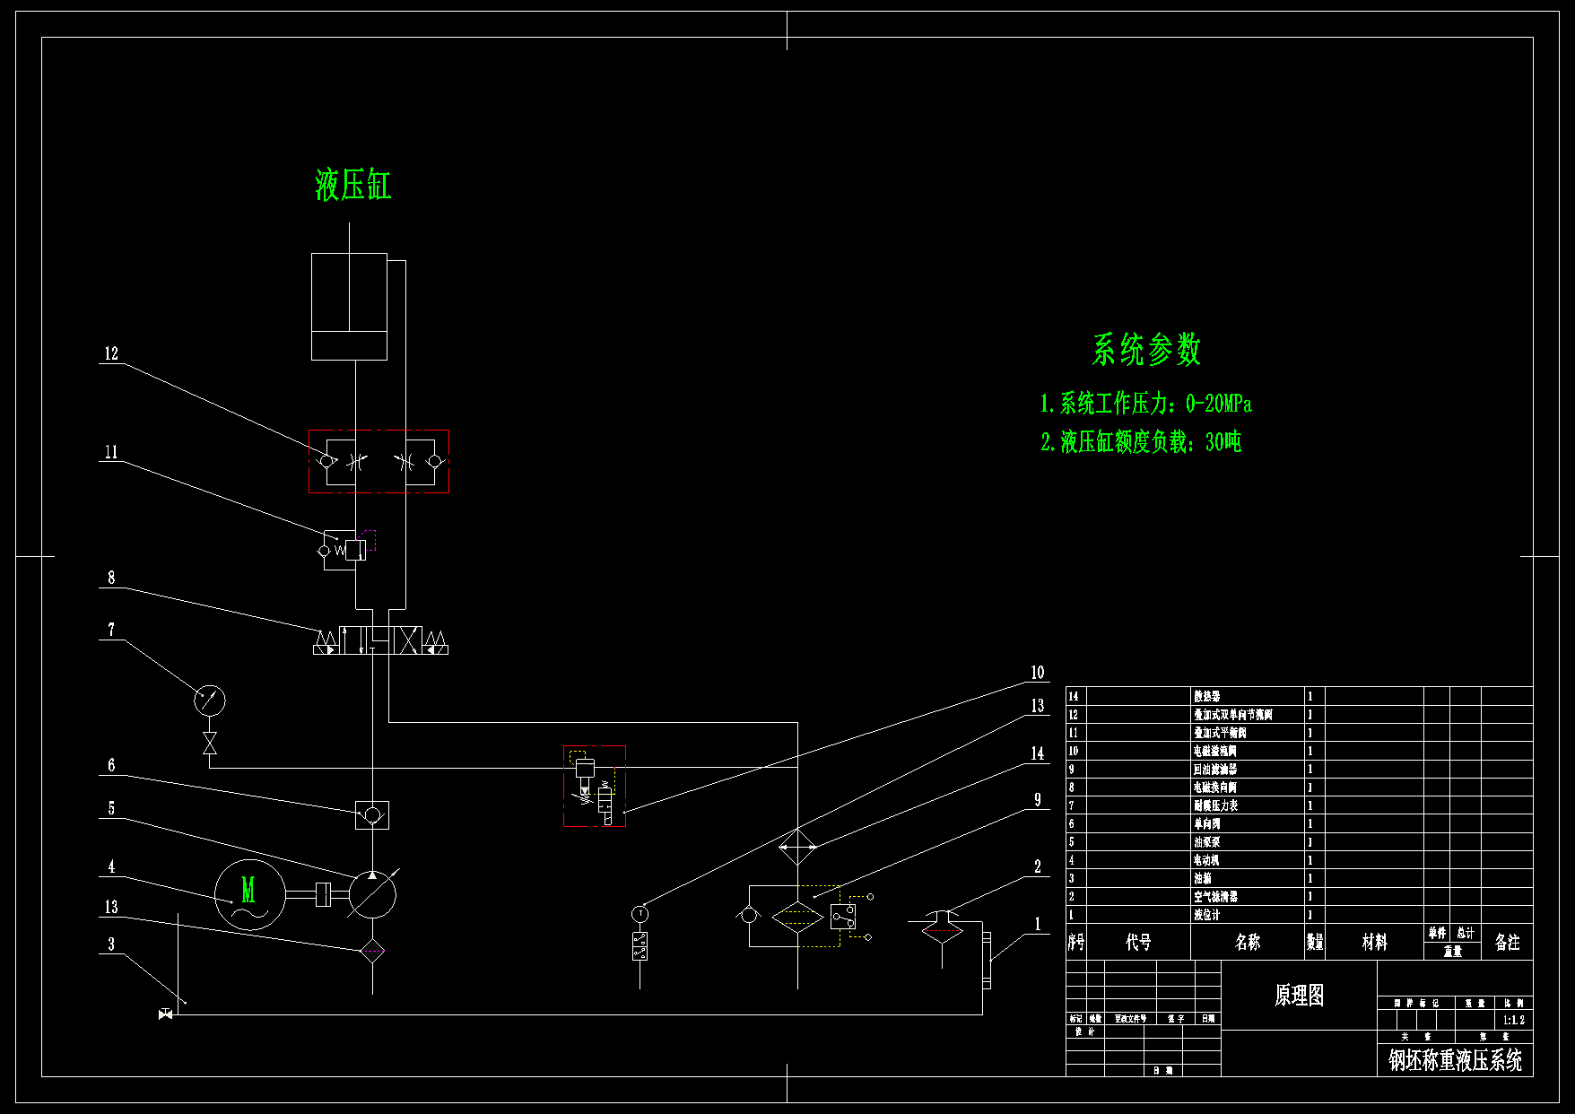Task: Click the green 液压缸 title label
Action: tap(352, 186)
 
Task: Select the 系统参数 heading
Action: tap(1145, 350)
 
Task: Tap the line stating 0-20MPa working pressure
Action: tap(1145, 405)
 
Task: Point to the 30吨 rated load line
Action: tap(1140, 442)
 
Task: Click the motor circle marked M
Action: tap(249, 893)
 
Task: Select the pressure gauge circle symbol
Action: tap(210, 700)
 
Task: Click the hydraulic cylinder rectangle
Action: tap(349, 306)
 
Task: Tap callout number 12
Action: tap(111, 354)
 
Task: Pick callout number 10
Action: tap(1037, 673)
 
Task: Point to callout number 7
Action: tap(111, 630)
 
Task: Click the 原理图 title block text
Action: tap(1299, 995)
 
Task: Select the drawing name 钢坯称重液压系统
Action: tap(1455, 1060)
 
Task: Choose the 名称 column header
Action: tap(1247, 942)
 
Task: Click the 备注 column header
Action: tap(1507, 942)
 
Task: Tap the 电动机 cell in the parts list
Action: tap(1205, 860)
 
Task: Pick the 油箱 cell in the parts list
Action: tap(1202, 878)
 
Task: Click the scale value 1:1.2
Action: tap(1513, 1020)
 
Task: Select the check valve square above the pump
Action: tap(372, 814)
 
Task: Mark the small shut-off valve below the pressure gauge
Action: tap(210, 743)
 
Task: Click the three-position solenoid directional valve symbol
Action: tap(380, 640)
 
